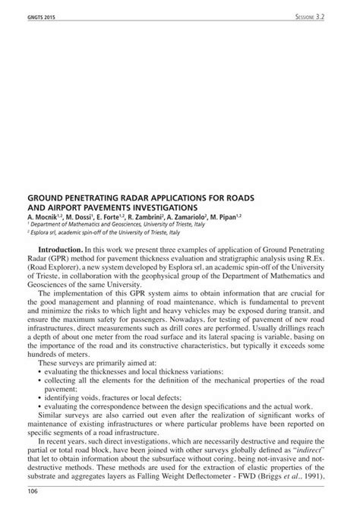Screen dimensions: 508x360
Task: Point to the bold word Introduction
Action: (x=59, y=249)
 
